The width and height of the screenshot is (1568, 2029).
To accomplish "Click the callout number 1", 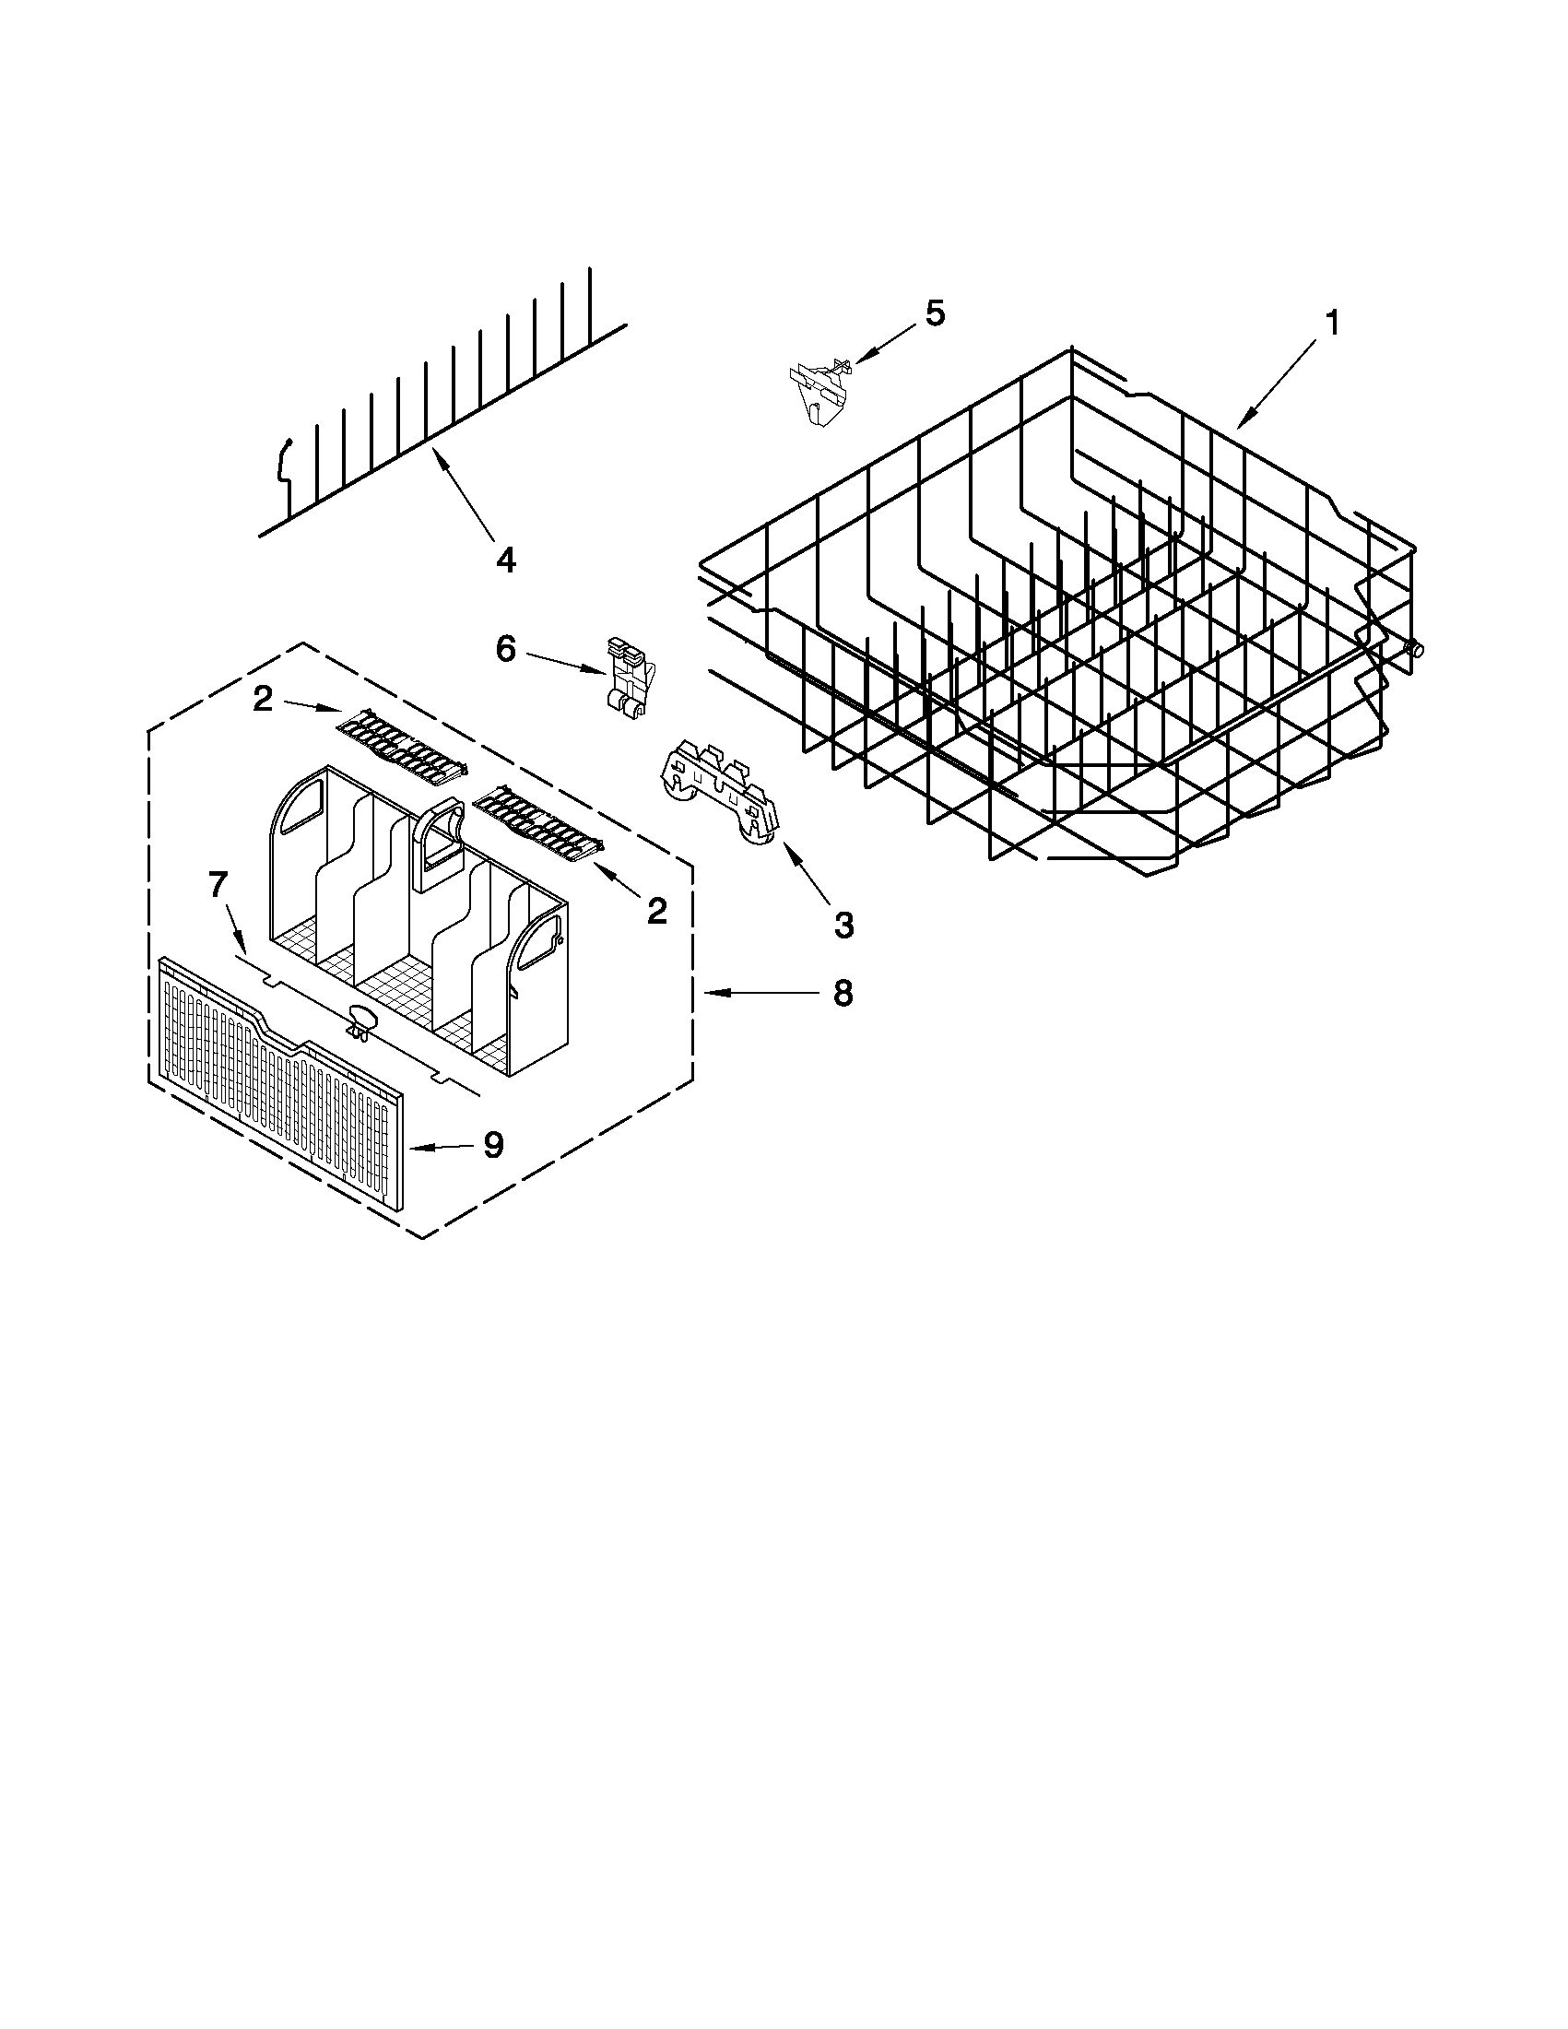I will tap(1333, 324).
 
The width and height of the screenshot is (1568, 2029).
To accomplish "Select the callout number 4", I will tap(505, 560).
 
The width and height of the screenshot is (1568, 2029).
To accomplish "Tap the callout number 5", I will tap(935, 314).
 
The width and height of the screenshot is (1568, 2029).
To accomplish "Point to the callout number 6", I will tap(505, 648).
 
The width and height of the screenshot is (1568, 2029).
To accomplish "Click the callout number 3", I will tap(843, 925).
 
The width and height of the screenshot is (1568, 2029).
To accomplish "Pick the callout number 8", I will tap(842, 993).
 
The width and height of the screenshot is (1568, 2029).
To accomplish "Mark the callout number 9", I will tap(492, 1146).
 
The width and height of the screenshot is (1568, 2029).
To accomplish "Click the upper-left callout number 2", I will tap(263, 699).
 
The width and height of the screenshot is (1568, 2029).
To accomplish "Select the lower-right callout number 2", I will tap(656, 912).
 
